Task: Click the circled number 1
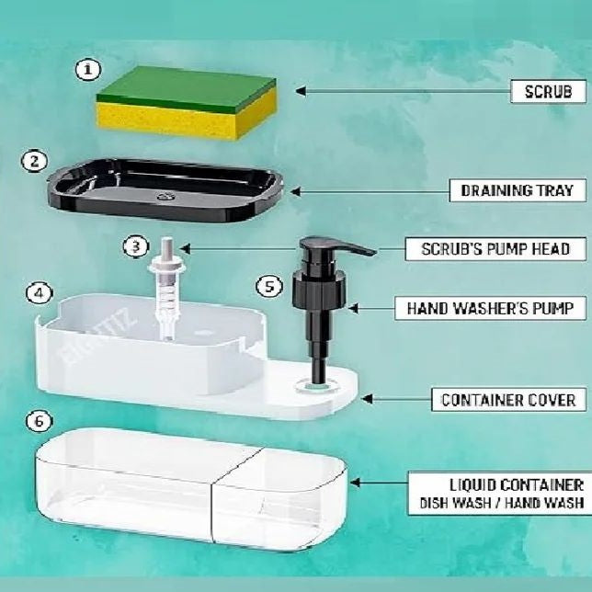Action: pos(88,70)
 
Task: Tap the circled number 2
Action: pos(34,162)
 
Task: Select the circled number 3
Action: pos(136,247)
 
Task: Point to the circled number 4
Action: pos(40,293)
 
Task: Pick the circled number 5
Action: pos(269,286)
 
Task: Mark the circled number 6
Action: pos(40,421)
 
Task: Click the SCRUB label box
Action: pos(549,91)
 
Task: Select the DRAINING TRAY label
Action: pos(518,190)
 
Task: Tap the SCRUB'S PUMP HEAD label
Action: pos(495,249)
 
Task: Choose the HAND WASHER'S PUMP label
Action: pos(491,308)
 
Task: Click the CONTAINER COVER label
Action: pos(509,400)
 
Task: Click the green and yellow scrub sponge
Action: pos(187,103)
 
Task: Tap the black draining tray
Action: pos(165,190)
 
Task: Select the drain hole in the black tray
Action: pos(165,196)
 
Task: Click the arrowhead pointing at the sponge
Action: pos(301,91)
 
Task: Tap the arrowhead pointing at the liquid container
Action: pos(355,482)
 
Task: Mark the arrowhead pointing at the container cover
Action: pos(367,399)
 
